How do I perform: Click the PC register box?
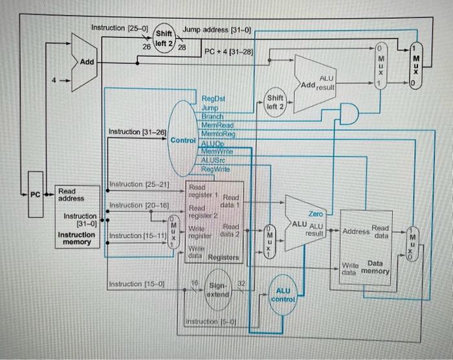click(36, 194)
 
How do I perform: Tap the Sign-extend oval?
click(218, 289)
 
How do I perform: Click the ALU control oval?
click(283, 295)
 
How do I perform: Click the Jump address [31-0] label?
click(217, 29)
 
